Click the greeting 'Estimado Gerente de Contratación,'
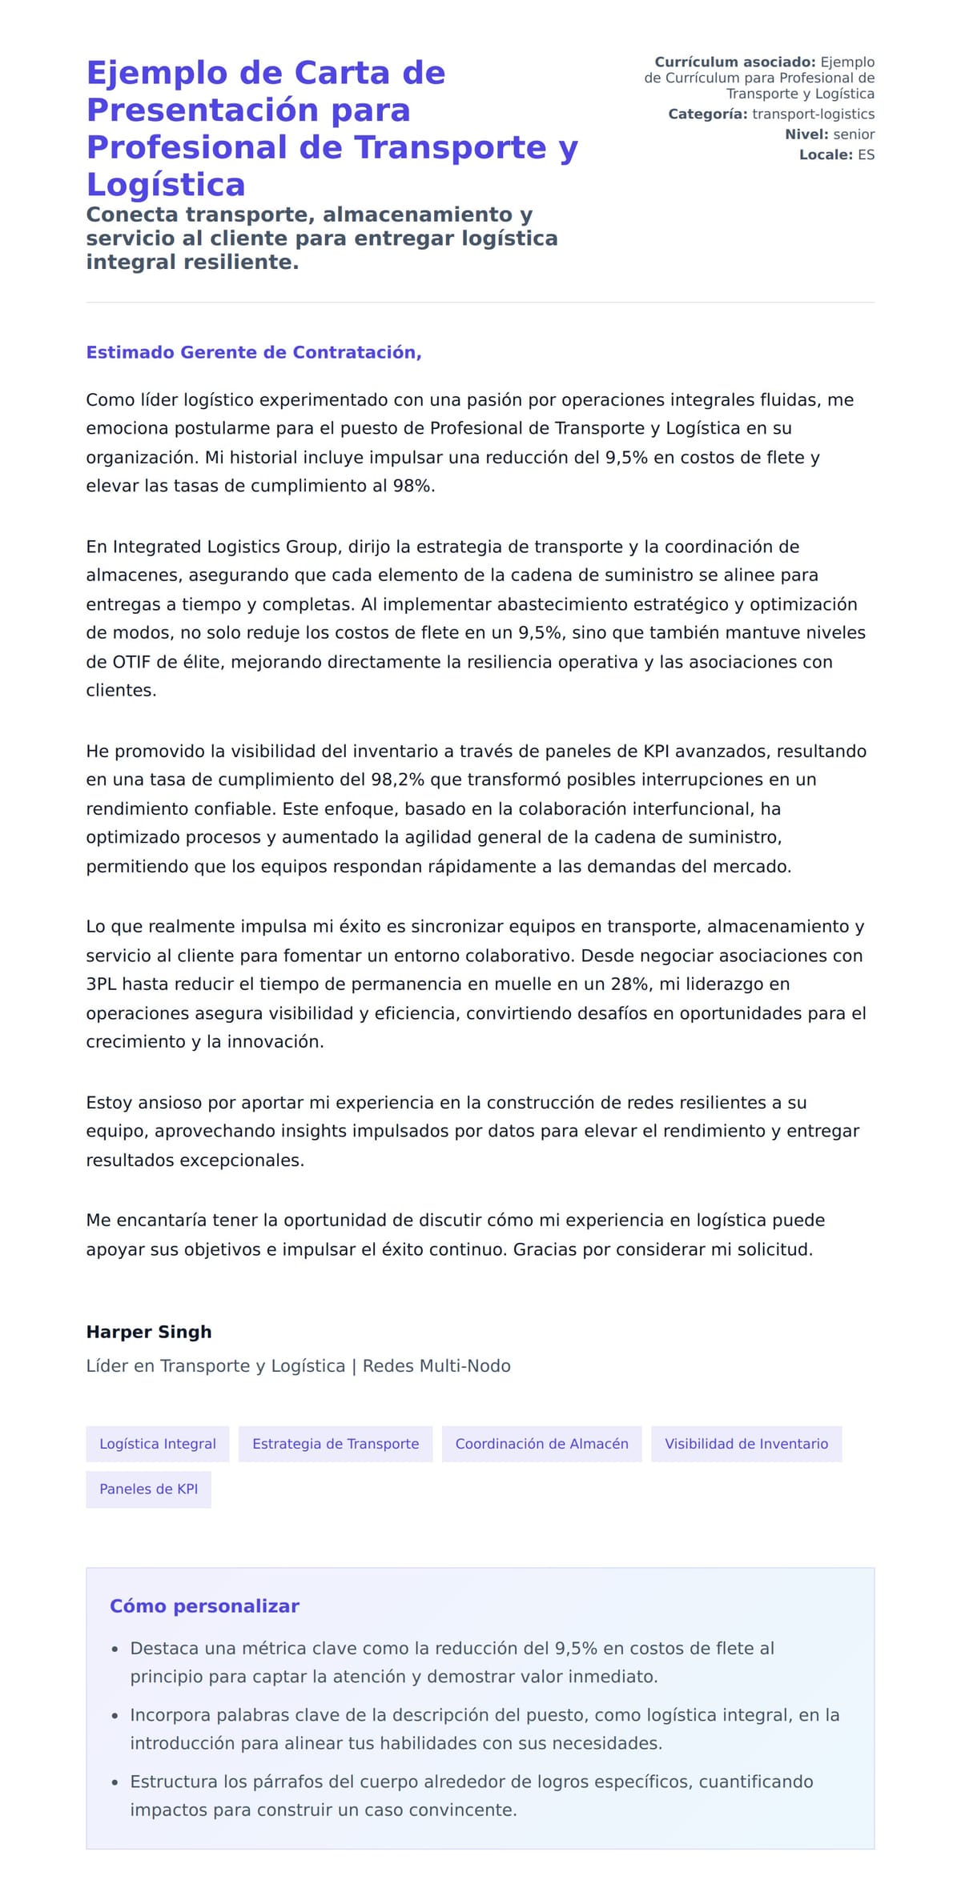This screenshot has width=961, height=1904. point(253,352)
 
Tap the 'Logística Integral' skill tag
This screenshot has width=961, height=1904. point(158,1443)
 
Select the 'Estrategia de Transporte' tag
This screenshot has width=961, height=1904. point(336,1443)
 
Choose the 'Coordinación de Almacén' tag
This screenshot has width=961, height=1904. point(541,1443)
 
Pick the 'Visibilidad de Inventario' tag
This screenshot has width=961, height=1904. point(746,1443)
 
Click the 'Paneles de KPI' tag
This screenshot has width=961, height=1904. point(148,1489)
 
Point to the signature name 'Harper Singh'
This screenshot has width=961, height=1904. point(149,1332)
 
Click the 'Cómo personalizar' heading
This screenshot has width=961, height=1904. point(204,1605)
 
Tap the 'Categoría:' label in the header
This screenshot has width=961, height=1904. point(708,114)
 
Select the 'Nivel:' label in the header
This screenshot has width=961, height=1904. point(806,134)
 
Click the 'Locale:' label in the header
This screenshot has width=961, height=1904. point(826,154)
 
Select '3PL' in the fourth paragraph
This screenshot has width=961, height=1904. point(102,984)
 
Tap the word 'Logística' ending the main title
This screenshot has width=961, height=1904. point(166,184)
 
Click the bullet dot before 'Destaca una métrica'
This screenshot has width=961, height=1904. point(115,1649)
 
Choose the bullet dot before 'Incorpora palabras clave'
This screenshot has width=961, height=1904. point(115,1716)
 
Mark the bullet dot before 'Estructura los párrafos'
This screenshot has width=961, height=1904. point(115,1782)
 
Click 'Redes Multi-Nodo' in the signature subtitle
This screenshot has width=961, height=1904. point(436,1366)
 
